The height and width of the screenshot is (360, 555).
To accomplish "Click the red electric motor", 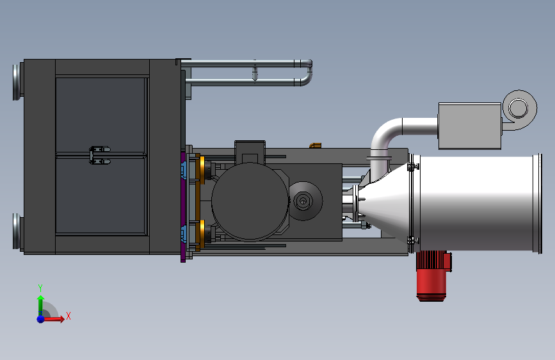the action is (433, 275).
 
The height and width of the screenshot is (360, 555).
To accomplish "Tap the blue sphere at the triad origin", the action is (40, 319).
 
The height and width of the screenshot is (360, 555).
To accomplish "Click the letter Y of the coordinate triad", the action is (40, 288).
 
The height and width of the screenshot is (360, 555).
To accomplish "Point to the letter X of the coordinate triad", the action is (68, 316).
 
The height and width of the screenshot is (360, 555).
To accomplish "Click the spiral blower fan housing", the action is (519, 109).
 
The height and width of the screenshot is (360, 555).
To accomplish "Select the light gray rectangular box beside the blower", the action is (470, 126).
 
